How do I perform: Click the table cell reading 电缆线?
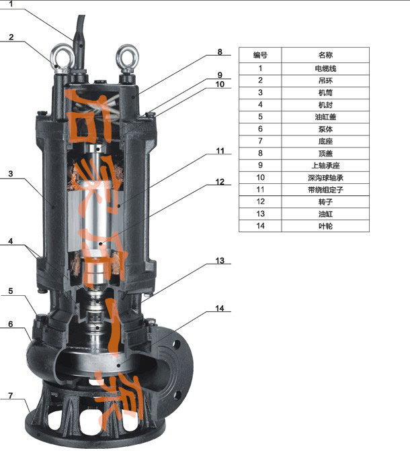[325, 68]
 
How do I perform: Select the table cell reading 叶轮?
[325, 226]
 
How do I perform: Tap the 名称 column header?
[325, 55]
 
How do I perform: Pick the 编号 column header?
[260, 55]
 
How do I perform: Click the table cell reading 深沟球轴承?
[325, 178]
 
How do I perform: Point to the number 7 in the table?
[260, 141]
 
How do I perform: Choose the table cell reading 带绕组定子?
[325, 190]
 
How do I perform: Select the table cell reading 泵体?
[325, 129]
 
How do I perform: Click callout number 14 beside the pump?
[219, 309]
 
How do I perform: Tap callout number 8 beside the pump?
[220, 52]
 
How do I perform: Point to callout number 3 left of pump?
[11, 174]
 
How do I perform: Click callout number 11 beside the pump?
[220, 151]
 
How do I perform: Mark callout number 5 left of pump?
[11, 291]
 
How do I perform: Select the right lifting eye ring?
[128, 56]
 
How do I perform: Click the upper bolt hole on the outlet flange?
[175, 344]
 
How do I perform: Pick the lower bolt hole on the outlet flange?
[177, 395]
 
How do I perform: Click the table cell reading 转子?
[325, 202]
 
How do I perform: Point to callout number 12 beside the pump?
[220, 182]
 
